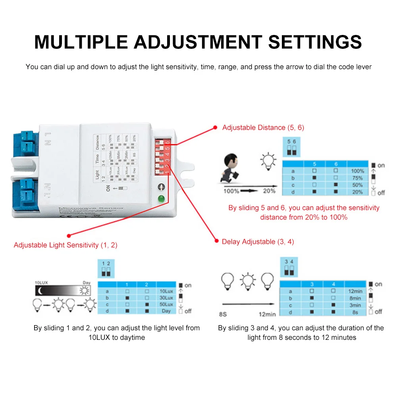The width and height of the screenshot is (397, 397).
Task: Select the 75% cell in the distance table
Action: pos(357,178)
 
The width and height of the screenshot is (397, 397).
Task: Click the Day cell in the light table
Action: pos(166,311)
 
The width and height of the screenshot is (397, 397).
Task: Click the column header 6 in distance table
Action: pos(335,164)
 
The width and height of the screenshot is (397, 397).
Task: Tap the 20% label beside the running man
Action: pos(269,191)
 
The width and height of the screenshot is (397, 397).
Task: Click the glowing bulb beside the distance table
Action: pos(268,162)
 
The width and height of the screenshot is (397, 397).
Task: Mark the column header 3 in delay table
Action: pos(312,284)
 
